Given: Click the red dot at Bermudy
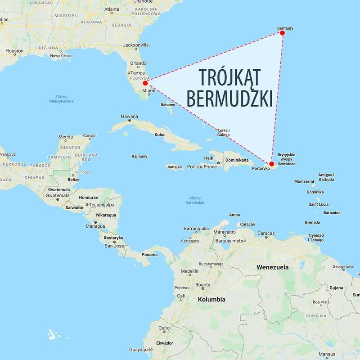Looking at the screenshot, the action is tap(282, 33).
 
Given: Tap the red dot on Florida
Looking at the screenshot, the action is tap(145, 83).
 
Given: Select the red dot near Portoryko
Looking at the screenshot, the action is tap(271, 164).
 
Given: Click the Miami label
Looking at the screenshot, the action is tap(148, 90).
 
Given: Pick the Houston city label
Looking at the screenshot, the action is tap(14, 51).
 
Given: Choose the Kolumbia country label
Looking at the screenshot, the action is tap(211, 299).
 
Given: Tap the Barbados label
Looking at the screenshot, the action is tap(331, 212).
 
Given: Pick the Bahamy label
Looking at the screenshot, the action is tap(168, 105).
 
